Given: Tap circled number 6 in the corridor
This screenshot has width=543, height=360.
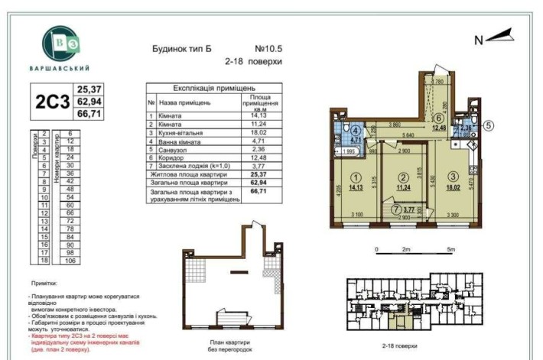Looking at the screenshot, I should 437,118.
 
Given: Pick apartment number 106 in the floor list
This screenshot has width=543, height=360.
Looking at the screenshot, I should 70,260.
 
